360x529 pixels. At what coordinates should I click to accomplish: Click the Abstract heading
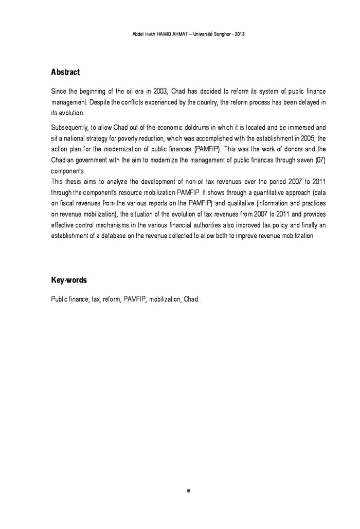coord(65,72)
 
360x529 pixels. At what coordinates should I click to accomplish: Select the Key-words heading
coord(69,280)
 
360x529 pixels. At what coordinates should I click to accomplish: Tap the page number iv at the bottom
coord(188,490)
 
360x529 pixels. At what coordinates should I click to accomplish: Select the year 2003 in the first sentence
coord(161,92)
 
